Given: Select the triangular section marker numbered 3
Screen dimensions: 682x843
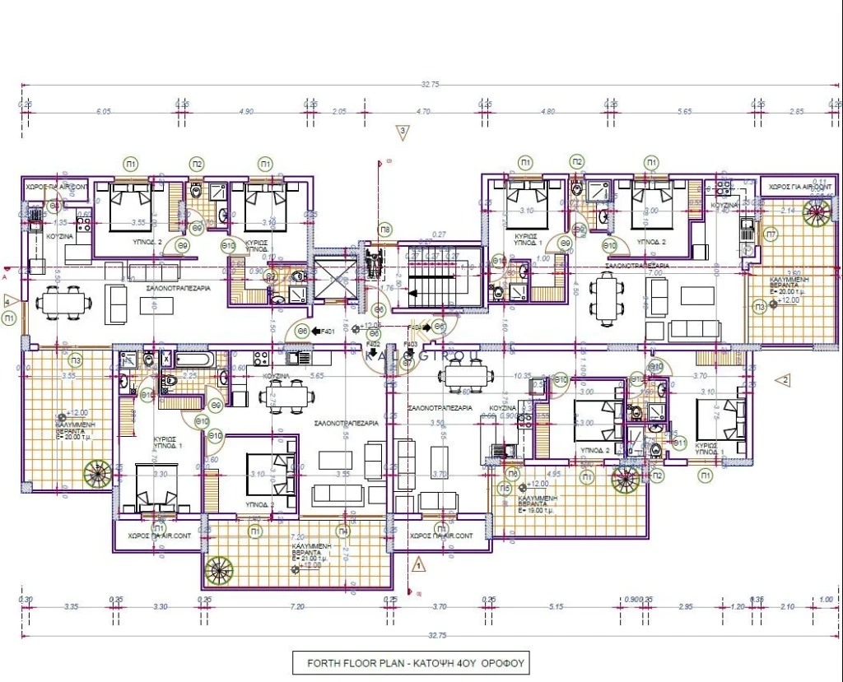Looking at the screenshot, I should pyautogui.click(x=403, y=132).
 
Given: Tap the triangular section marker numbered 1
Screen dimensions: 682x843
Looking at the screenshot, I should pyautogui.click(x=418, y=565).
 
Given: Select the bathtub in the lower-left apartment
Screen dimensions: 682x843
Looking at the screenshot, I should pyautogui.click(x=194, y=360).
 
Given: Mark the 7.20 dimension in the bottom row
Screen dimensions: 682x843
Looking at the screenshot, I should pyautogui.click(x=297, y=607).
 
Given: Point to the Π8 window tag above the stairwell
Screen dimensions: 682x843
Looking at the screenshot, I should pyautogui.click(x=384, y=228).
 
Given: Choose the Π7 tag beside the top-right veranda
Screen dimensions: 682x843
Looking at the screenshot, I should pyautogui.click(x=771, y=234).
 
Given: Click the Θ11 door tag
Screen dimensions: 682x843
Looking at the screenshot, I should pyautogui.click(x=680, y=443).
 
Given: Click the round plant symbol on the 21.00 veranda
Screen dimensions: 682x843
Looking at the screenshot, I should pyautogui.click(x=220, y=569).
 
